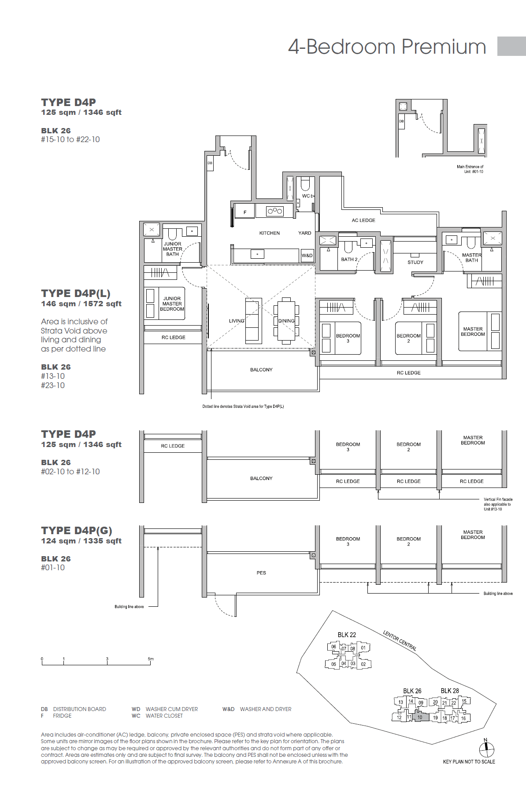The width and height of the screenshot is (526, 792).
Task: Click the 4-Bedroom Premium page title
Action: pos(387,47)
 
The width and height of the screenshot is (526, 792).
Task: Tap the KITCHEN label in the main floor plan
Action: pos(269,233)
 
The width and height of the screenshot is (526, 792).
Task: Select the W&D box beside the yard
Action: pos(307,256)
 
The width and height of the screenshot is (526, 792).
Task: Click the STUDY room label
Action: pos(415,262)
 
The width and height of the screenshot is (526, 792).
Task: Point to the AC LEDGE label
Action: pos(363,220)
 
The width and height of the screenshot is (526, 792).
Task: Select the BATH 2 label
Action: pos(349,260)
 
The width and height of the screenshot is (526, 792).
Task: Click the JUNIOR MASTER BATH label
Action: pos(172,249)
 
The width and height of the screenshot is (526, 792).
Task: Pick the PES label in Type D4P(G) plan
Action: pos(261,573)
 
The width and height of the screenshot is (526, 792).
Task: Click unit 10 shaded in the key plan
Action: pos(420,717)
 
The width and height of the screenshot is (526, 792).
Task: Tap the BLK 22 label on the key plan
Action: pos(347,635)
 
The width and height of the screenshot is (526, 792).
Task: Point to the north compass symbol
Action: pos(486,749)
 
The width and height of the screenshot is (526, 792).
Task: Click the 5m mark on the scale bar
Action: pos(151,659)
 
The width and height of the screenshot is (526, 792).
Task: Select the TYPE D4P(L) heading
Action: pos(76,293)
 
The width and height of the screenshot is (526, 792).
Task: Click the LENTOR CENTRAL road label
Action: pos(400,641)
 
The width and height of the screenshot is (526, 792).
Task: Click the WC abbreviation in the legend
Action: pos(136,716)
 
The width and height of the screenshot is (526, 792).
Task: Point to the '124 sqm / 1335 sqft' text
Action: pos(81,541)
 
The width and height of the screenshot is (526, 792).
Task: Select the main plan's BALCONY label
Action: pos(261,370)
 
